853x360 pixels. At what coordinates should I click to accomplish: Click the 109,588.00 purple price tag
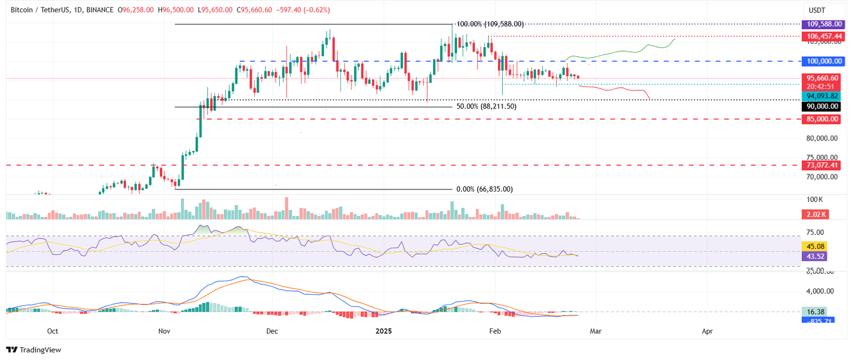click(824, 24)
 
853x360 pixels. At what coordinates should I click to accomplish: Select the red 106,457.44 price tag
click(824, 36)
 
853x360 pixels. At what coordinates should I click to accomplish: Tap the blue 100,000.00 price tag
click(824, 61)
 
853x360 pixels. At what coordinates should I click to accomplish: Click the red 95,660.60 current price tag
click(824, 78)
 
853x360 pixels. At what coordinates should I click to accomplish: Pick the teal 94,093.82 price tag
click(824, 96)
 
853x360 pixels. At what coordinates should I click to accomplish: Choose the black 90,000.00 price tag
click(824, 106)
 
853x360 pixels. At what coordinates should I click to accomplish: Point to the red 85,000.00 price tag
click(824, 119)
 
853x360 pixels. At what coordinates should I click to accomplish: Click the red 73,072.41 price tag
click(824, 165)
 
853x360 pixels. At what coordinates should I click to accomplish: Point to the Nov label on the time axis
click(164, 331)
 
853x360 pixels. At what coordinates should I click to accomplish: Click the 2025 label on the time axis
click(384, 331)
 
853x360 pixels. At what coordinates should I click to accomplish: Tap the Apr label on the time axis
click(707, 331)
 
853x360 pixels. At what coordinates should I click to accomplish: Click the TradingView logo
click(34, 349)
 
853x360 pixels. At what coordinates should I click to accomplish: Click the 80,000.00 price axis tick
click(823, 138)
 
